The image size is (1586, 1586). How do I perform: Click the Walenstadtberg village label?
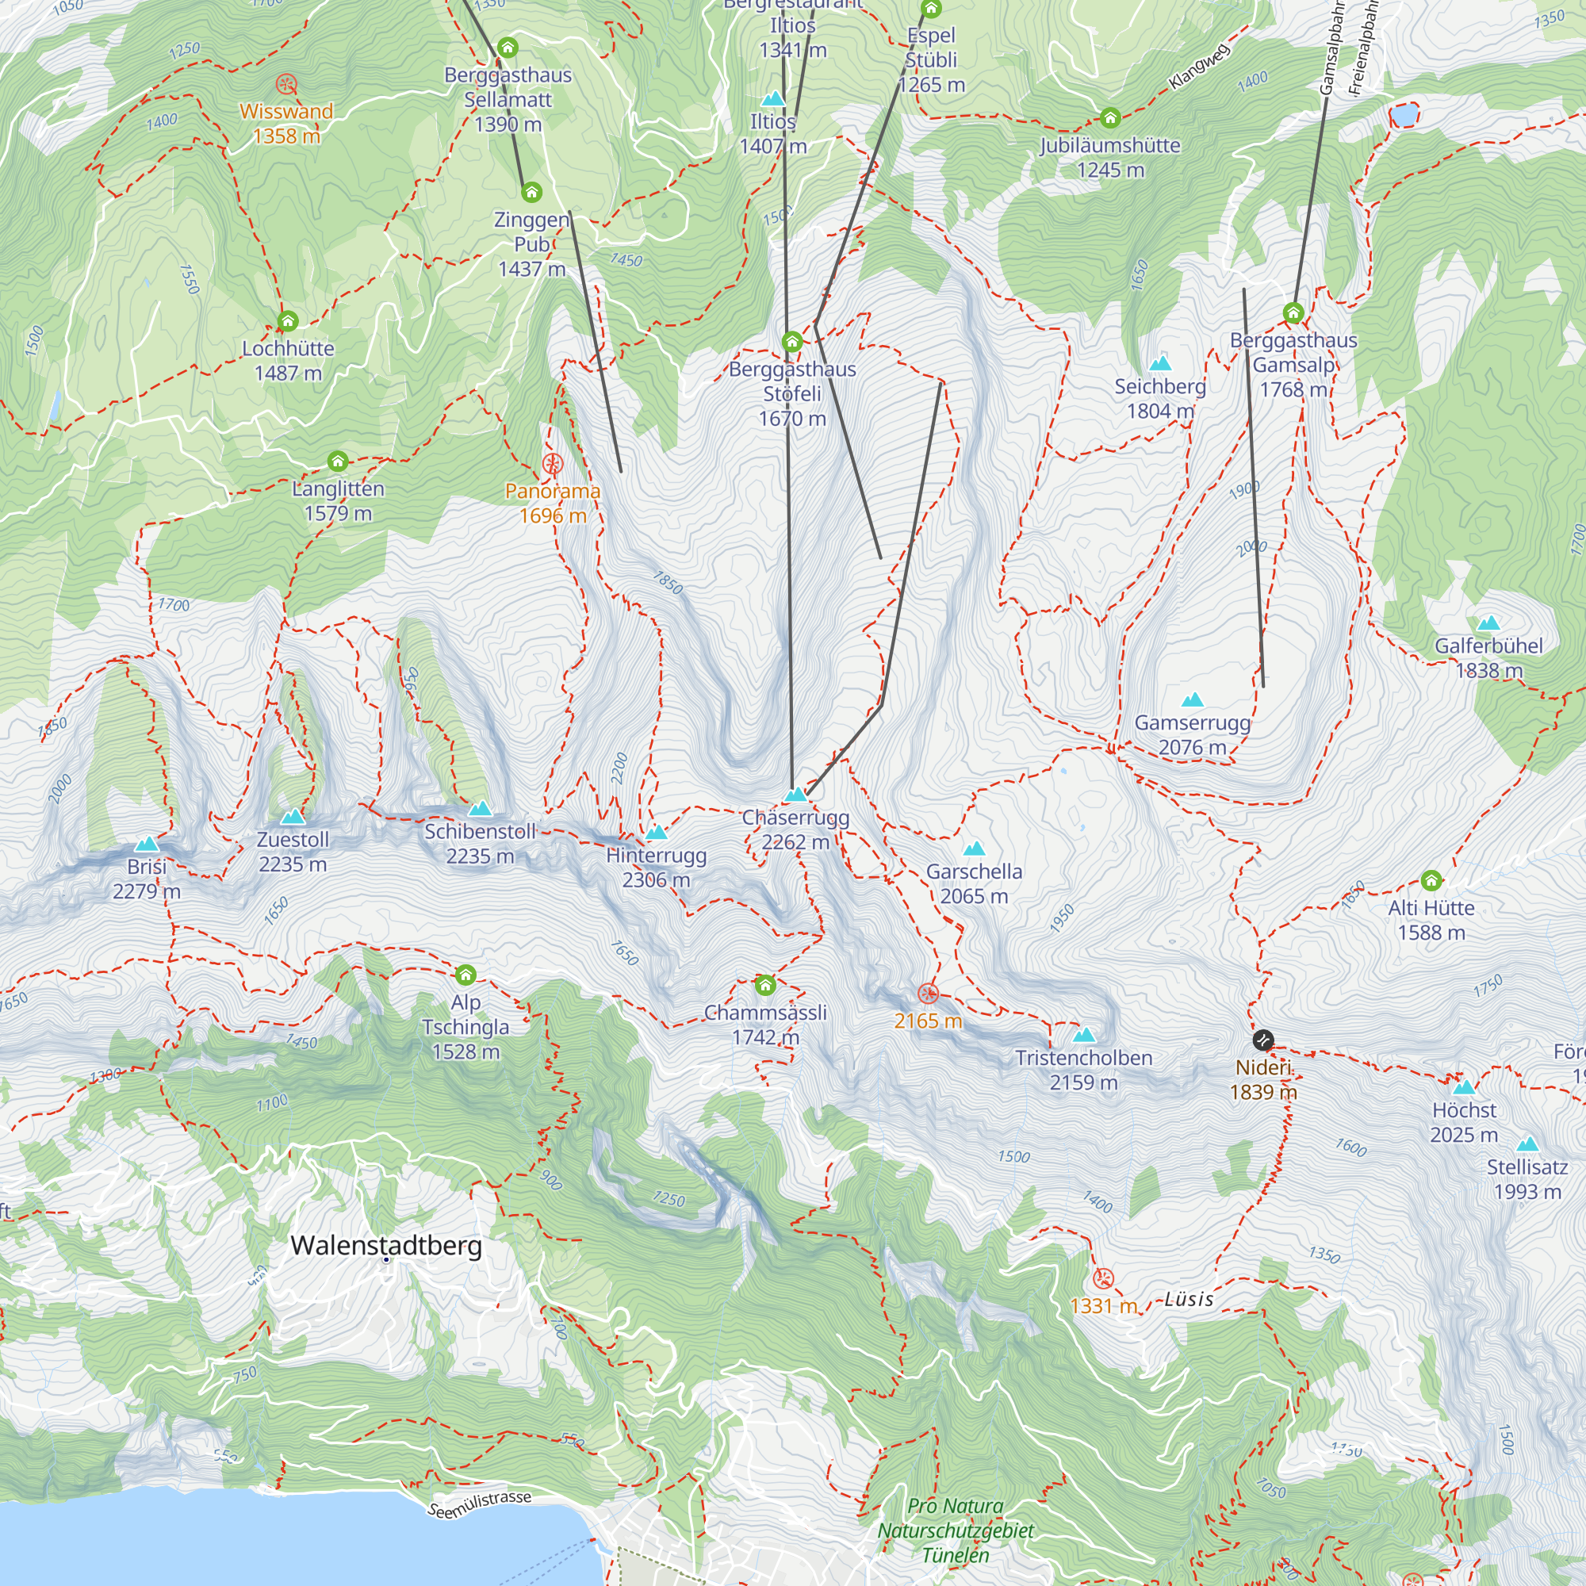click(x=386, y=1245)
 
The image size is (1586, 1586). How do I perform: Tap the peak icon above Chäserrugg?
click(x=795, y=795)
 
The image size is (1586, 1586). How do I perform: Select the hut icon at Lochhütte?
click(x=287, y=321)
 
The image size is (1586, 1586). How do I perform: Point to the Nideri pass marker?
click(x=1263, y=1040)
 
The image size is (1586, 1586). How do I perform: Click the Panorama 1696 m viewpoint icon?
click(x=553, y=465)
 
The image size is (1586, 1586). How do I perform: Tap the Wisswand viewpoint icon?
click(x=285, y=84)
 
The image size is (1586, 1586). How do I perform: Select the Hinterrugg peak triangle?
click(x=656, y=833)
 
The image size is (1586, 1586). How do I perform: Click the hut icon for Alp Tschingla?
click(x=465, y=975)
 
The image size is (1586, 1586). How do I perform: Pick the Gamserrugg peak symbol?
click(x=1192, y=700)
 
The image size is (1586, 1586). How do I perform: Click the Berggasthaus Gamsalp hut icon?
click(x=1293, y=312)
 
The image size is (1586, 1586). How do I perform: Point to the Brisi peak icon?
click(x=147, y=844)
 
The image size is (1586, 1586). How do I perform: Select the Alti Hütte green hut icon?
click(x=1431, y=881)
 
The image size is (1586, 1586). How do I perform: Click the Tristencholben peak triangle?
click(x=1083, y=1035)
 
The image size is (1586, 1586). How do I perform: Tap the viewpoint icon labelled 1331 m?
click(x=1103, y=1278)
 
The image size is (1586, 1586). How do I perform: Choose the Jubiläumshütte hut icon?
click(x=1110, y=118)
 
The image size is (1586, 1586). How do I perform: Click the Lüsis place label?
click(x=1189, y=1299)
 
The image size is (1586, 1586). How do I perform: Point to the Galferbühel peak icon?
click(x=1488, y=623)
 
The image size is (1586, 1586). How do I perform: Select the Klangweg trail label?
click(x=1199, y=66)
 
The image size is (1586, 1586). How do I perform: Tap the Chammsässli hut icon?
click(x=765, y=984)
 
